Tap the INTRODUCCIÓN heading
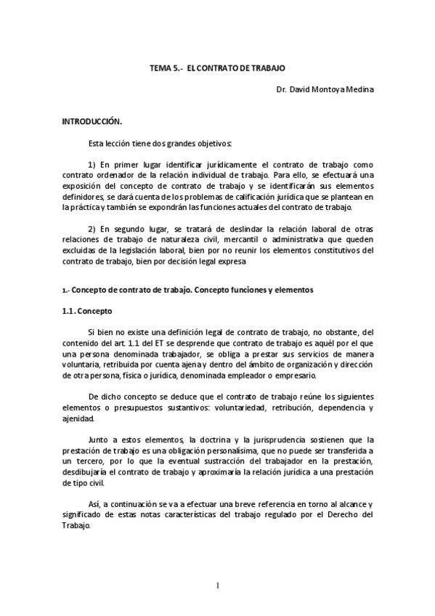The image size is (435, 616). click(92, 121)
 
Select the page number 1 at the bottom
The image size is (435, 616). click(217, 585)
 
